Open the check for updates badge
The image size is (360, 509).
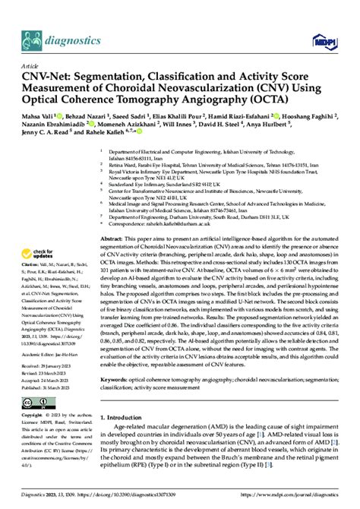click(x=43, y=233)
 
